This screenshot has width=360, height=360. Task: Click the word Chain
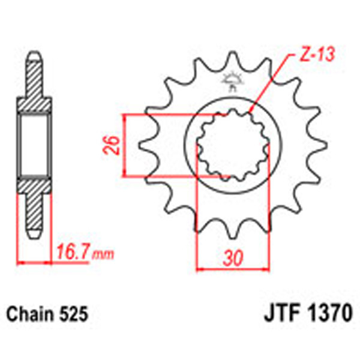tap(28, 313)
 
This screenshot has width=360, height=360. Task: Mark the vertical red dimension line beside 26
tap(124, 145)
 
